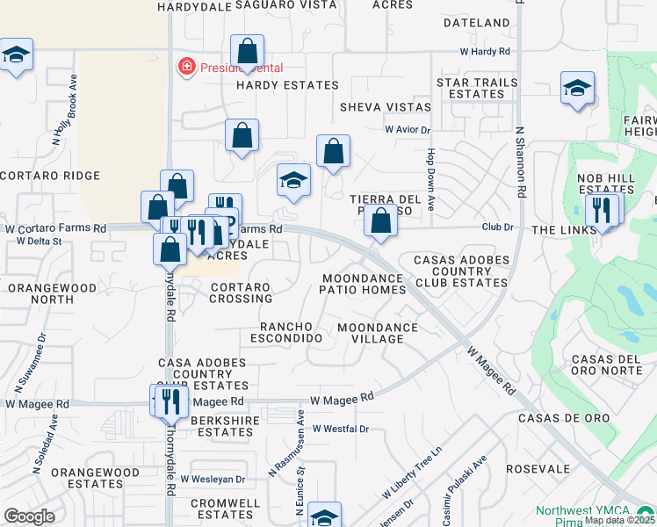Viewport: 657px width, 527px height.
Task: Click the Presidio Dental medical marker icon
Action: coord(186,67)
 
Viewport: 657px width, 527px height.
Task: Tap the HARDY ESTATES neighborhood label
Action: coord(287,85)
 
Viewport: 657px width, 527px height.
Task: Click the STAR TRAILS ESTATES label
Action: coord(477,88)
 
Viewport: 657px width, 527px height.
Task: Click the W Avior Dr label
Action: coord(408,130)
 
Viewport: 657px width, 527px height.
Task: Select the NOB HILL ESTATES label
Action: coord(606,184)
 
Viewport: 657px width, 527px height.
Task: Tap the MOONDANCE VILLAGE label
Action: coord(378,334)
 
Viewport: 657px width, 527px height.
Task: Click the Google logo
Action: coord(29,516)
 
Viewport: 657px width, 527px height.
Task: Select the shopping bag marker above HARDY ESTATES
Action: coord(248,51)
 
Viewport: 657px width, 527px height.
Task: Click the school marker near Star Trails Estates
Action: coord(577,88)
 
